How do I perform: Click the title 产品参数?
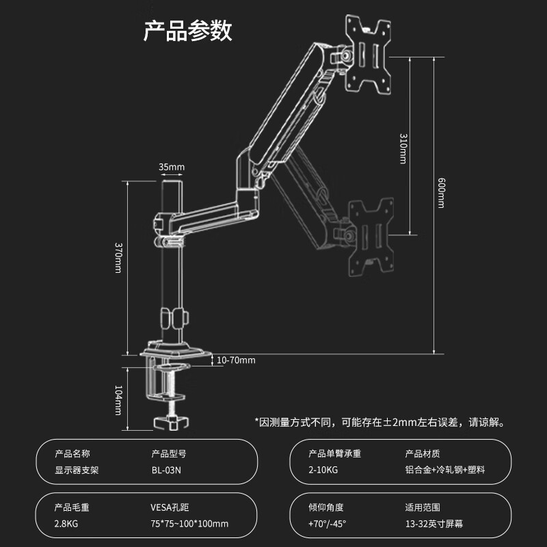188,31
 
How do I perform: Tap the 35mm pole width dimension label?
172,167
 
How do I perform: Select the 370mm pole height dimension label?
118,258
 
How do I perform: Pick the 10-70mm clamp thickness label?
235,360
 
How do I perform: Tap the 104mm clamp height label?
118,400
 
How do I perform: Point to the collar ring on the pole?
173,318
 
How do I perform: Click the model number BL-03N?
165,470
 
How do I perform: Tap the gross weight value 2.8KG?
66,524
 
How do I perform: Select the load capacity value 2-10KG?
323,470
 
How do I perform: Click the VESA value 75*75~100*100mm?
189,524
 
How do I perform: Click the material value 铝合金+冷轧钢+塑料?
444,470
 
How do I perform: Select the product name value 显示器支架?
77,470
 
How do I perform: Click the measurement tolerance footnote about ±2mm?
379,422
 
